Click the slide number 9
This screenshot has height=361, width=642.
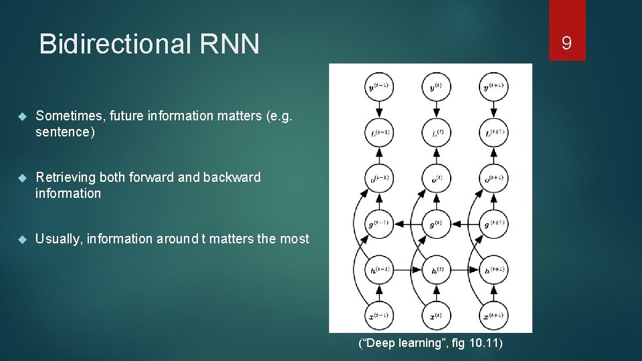point(566,43)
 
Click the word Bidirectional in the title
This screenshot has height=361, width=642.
point(113,44)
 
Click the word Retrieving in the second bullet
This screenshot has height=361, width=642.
point(66,177)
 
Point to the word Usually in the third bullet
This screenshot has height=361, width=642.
point(58,239)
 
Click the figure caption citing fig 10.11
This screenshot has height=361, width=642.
point(430,344)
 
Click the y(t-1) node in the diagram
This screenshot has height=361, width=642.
point(379,86)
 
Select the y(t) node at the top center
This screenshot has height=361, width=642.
point(436,86)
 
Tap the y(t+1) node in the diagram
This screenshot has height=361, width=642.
point(494,86)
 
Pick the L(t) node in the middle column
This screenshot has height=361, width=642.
point(436,132)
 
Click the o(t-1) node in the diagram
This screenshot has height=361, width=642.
point(379,178)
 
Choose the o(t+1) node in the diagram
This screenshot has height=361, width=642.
point(494,178)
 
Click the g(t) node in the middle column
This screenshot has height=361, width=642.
point(436,223)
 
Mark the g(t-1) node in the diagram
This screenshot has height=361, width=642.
point(379,223)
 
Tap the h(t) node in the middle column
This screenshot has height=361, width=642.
point(436,269)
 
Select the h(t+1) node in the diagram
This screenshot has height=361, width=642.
point(494,269)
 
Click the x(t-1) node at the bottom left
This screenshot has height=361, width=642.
point(379,315)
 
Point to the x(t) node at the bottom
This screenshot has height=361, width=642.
point(436,315)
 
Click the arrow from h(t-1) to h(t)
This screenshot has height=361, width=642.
point(408,269)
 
